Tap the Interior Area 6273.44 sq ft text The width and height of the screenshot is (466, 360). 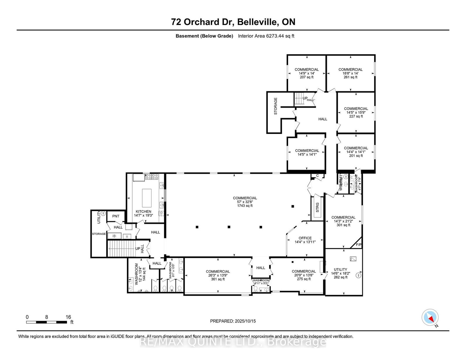[x=266, y=36]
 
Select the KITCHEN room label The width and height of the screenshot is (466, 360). [x=143, y=212]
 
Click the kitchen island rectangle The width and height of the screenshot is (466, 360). [x=146, y=198]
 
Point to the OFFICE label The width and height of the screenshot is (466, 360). [x=305, y=238]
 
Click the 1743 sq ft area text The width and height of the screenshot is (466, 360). [x=245, y=206]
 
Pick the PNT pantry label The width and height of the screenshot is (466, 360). [x=116, y=216]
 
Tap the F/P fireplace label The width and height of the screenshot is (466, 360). [x=359, y=245]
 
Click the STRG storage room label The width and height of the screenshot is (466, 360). [x=317, y=208]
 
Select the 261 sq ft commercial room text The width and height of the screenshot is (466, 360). [x=350, y=77]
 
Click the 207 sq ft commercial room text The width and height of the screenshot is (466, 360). [x=307, y=77]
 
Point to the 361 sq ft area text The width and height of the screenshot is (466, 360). [x=218, y=279]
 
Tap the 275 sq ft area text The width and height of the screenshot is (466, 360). [x=304, y=279]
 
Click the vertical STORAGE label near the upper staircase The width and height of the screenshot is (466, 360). [x=276, y=106]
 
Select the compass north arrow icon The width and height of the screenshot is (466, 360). [x=430, y=318]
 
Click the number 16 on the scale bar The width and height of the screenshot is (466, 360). [x=68, y=317]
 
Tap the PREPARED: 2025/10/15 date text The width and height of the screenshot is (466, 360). [x=233, y=321]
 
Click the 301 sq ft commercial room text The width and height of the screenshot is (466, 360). [x=343, y=225]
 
